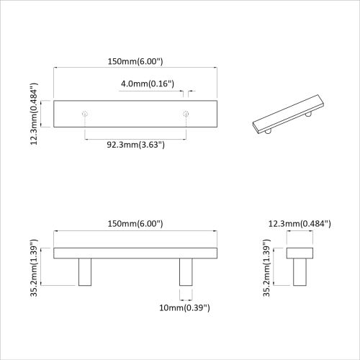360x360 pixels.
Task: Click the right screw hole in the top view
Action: coord(186,114)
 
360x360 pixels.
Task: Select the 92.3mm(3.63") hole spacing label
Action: coord(136,145)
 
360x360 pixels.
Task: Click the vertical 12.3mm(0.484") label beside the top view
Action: coord(35,114)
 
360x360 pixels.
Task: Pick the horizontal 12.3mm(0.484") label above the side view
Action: coord(300,224)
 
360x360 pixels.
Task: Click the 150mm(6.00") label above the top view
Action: coord(136,62)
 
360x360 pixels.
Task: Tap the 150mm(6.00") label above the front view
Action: coord(136,224)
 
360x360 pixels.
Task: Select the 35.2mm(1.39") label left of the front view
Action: coord(35,266)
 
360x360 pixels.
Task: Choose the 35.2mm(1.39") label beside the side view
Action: coord(269,266)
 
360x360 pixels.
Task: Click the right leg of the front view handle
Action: coord(186,271)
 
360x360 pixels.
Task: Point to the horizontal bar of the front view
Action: coord(136,252)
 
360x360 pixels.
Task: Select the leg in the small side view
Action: coord(300,271)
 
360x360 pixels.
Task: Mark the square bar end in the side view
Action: coord(300,252)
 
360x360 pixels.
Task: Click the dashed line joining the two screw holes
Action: coord(136,137)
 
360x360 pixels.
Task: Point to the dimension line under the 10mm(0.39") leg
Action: coord(186,297)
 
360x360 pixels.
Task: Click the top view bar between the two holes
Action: coord(136,114)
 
